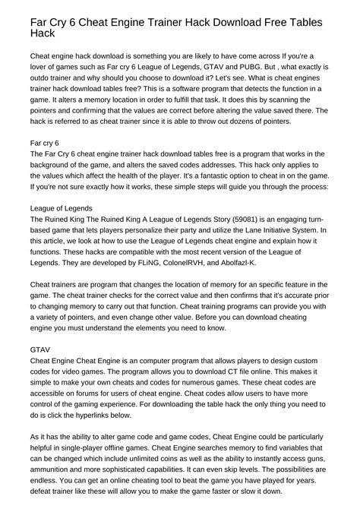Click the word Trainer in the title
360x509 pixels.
click(x=163, y=22)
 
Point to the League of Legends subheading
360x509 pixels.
click(x=61, y=207)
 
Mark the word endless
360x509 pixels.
click(x=47, y=481)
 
